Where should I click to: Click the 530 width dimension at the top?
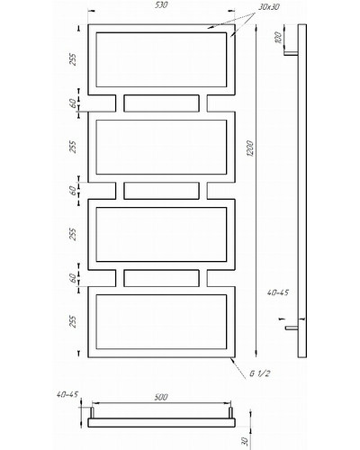[x=161, y=5]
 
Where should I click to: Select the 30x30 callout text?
[x=268, y=7]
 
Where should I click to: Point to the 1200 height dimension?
[x=250, y=148]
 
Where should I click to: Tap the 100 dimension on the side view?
[x=278, y=38]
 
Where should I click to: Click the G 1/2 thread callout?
[x=260, y=373]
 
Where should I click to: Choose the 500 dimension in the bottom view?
[x=161, y=397]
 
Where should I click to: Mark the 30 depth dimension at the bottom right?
[x=245, y=441]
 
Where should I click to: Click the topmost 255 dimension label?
[x=73, y=59]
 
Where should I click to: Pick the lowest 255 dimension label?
[x=73, y=321]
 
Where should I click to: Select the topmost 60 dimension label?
[x=72, y=103]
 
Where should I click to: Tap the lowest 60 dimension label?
[x=72, y=278]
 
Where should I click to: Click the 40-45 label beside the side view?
[x=278, y=292]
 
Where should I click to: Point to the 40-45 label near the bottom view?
[x=67, y=394]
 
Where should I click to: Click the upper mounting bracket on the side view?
[x=291, y=53]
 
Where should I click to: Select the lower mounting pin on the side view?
[x=292, y=328]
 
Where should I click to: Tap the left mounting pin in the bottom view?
[x=93, y=412]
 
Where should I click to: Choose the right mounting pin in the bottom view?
[x=230, y=412]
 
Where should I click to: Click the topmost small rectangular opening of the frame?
[x=161, y=103]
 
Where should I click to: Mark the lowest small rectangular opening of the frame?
[x=161, y=278]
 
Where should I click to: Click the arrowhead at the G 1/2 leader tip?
[x=231, y=359]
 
